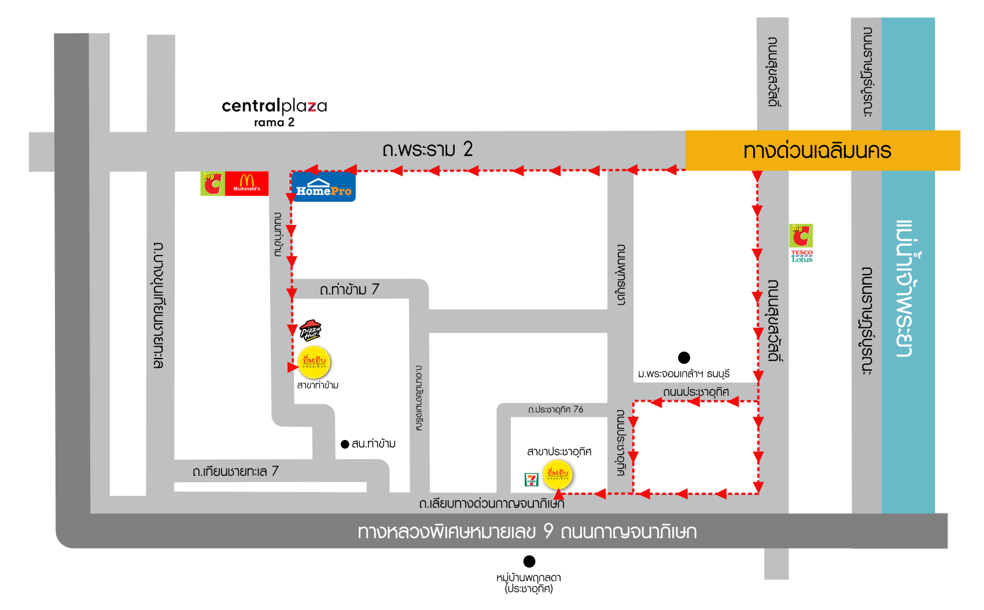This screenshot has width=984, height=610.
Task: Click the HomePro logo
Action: click(323, 187)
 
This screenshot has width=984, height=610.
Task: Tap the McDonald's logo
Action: click(247, 183)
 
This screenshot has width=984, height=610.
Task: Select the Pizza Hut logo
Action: click(310, 330)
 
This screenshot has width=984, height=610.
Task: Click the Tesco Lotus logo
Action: click(802, 256)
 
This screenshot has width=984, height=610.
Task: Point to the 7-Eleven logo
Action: click(531, 479)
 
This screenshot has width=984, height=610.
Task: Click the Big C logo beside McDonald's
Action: click(212, 183)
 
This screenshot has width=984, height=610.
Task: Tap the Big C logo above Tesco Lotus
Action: click(801, 235)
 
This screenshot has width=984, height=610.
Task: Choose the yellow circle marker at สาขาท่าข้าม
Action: click(314, 362)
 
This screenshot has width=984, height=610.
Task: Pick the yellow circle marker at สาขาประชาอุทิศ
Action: click(558, 475)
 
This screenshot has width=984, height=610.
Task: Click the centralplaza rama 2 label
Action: click(274, 112)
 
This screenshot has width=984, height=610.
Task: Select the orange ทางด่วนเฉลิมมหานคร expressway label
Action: click(817, 151)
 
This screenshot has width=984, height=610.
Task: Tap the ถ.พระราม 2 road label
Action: click(427, 149)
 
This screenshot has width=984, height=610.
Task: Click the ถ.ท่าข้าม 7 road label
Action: click(349, 289)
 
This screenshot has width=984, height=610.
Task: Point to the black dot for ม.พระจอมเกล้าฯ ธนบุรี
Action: click(684, 357)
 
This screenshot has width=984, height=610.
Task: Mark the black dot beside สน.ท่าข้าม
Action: click(345, 444)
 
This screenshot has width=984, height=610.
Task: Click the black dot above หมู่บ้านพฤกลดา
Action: click(529, 561)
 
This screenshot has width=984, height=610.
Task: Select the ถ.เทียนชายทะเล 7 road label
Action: click(235, 471)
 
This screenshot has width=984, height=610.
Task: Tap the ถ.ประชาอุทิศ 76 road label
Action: click(555, 409)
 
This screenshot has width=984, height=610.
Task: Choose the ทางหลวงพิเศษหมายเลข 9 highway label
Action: click(527, 531)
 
